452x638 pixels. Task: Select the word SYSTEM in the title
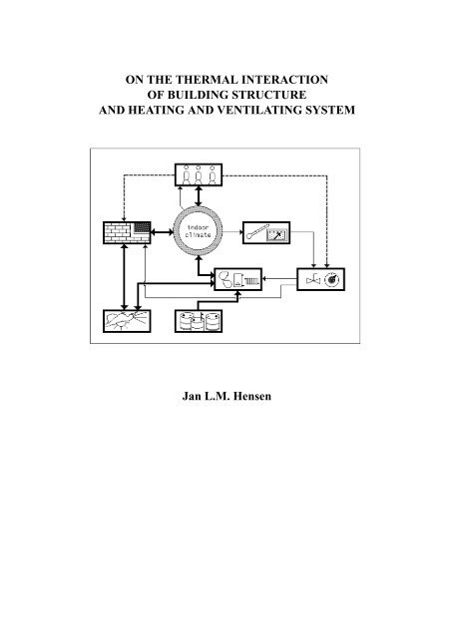coord(330,111)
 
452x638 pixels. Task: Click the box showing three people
coord(199,175)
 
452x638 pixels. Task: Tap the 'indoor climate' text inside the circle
coord(199,231)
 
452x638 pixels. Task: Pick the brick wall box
coord(127,232)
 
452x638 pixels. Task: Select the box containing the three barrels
coord(199,321)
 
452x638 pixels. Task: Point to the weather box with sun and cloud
coord(127,321)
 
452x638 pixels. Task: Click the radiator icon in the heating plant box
coord(251,280)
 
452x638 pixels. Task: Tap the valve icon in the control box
coord(312,279)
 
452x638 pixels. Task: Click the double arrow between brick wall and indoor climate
coord(162,232)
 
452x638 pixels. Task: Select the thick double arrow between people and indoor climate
coord(199,196)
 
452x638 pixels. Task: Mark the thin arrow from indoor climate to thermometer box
coord(232,232)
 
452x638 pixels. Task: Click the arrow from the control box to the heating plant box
coord(279,279)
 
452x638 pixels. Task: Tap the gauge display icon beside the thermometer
coord(276,235)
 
